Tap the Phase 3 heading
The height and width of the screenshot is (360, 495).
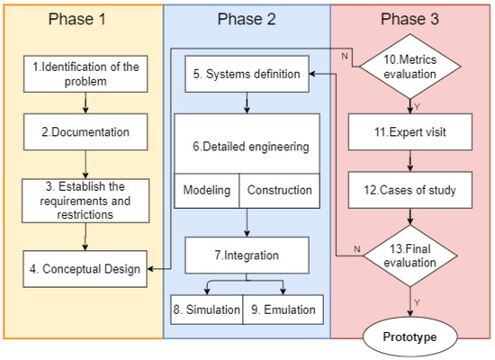tap(411, 21)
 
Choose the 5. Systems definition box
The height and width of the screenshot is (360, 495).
tap(246, 75)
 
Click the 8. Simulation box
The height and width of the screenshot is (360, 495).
tap(206, 310)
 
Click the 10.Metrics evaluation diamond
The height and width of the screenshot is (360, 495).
tap(411, 67)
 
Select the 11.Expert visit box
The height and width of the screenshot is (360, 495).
tap(411, 130)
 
